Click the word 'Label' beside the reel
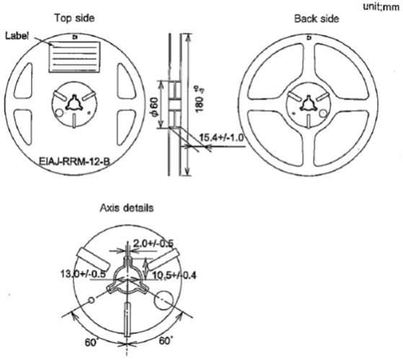tap(17, 35)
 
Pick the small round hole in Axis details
tap(91, 299)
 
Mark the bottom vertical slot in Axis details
tap(128, 320)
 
